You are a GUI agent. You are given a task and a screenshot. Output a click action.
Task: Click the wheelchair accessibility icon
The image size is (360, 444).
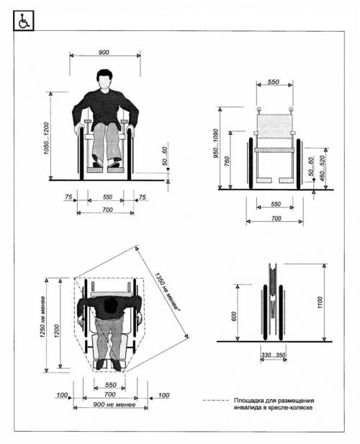click(24, 20)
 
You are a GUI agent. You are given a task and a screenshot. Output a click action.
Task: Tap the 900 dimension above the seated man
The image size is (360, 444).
click(104, 52)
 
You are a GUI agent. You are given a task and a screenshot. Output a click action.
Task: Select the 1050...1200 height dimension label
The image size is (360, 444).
click(46, 138)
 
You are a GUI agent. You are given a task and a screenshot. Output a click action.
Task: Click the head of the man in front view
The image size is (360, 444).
click(104, 79)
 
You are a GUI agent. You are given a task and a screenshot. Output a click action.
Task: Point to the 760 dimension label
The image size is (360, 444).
click(227, 161)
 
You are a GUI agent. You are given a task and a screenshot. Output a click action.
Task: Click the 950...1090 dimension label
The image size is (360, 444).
click(215, 143)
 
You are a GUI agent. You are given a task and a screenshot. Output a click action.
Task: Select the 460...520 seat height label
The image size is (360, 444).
click(322, 169)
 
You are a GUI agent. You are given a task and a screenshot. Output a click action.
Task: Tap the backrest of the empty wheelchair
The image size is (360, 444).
click(274, 126)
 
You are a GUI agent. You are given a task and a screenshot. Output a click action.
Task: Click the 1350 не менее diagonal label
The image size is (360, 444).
click(167, 292)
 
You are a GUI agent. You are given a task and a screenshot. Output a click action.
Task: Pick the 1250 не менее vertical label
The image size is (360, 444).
click(42, 317)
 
